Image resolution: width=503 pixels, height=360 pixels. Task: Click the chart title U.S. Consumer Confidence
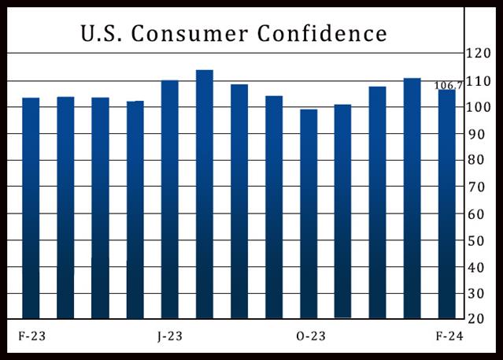[x=234, y=33]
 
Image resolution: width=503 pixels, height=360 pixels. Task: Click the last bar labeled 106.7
[x=446, y=205]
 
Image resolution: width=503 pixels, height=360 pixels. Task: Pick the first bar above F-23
[x=31, y=208]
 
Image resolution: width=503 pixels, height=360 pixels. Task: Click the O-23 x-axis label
[x=311, y=336]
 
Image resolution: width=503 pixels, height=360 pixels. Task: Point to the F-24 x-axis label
[x=450, y=336]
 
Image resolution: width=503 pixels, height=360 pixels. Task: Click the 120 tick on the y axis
[x=478, y=54]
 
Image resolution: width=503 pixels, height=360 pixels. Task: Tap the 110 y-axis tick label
[x=478, y=81]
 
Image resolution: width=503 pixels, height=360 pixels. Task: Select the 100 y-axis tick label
[x=478, y=107]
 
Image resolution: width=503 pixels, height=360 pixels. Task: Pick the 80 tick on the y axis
[x=478, y=161]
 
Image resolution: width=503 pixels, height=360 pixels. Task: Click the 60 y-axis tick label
[x=478, y=213]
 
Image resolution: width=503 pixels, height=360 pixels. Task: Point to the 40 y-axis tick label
[x=478, y=267]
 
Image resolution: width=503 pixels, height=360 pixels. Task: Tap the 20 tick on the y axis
[x=478, y=318]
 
